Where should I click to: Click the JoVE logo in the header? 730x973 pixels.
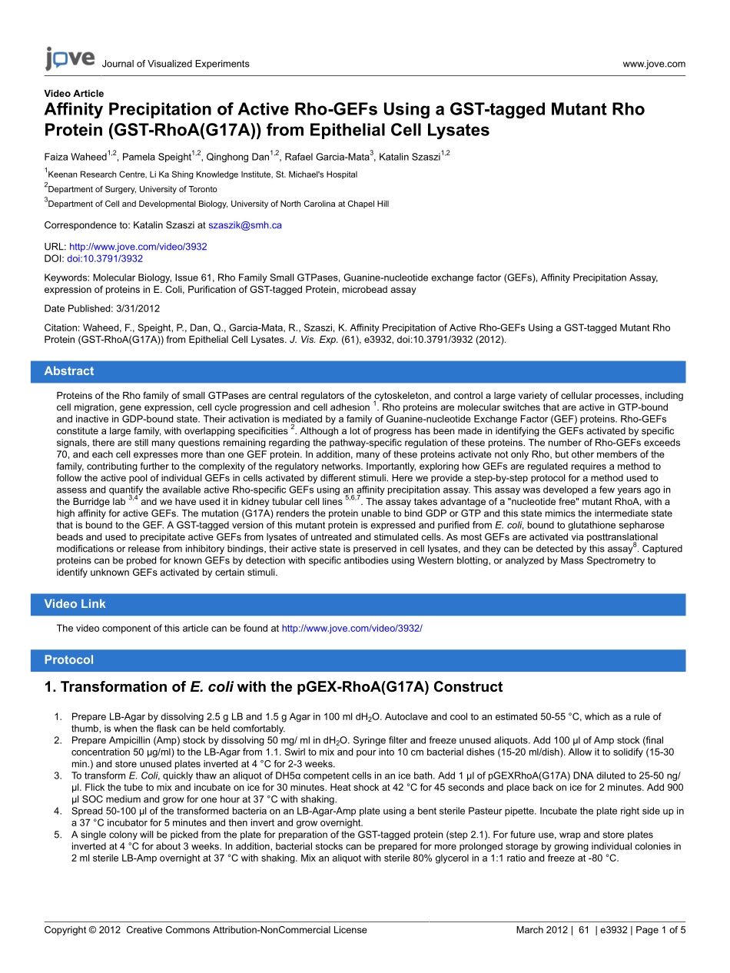point(69,58)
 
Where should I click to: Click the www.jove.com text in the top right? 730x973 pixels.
point(654,64)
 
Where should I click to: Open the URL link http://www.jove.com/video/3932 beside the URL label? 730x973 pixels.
point(138,247)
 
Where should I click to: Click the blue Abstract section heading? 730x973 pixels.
point(69,371)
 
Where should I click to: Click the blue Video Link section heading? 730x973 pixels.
point(75,604)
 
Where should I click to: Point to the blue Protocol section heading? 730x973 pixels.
point(69,660)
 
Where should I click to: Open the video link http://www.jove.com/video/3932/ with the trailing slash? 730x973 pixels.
point(352,629)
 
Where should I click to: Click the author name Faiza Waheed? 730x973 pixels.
point(75,158)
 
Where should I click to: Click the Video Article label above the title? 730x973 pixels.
point(74,94)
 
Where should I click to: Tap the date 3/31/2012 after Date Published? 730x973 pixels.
point(138,307)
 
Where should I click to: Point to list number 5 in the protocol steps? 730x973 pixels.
point(58,835)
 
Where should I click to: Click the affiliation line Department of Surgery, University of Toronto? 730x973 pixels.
point(132,189)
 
